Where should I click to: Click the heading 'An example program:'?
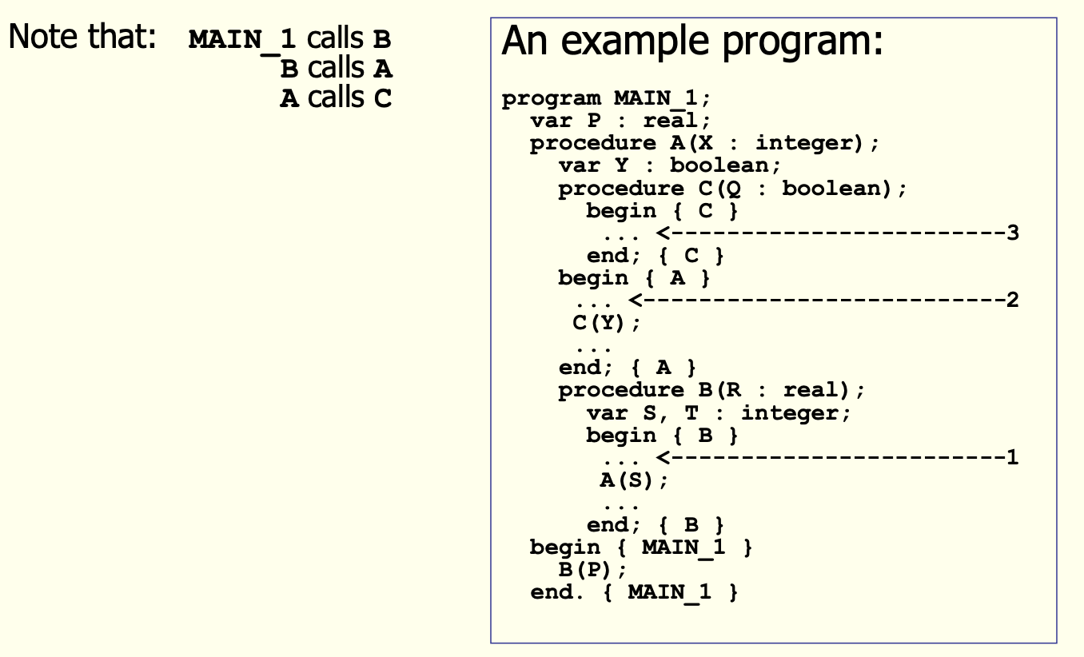click(x=692, y=42)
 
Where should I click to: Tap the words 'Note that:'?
click(x=81, y=38)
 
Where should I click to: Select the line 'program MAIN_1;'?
click(x=606, y=99)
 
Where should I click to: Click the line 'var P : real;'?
click(x=620, y=121)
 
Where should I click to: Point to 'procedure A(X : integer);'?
click(x=704, y=144)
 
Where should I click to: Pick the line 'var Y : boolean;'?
click(x=669, y=166)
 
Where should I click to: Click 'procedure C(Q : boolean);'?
click(x=732, y=189)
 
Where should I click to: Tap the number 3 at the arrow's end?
click(x=1013, y=233)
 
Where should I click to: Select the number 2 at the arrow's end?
click(x=1013, y=301)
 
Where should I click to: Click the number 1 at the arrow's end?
click(x=1013, y=458)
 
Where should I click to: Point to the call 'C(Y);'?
click(x=607, y=324)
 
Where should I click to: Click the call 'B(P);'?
click(x=592, y=570)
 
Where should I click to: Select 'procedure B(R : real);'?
click(x=711, y=391)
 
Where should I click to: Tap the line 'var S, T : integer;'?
click(x=719, y=413)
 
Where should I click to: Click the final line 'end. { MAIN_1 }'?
click(x=634, y=592)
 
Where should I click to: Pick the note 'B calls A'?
click(x=336, y=68)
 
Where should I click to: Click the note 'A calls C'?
click(x=336, y=98)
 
